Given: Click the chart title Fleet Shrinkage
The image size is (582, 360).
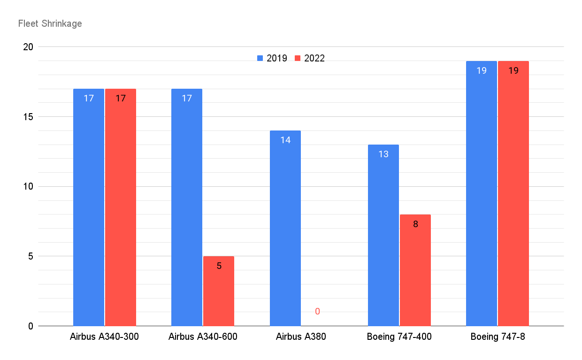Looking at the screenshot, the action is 50,23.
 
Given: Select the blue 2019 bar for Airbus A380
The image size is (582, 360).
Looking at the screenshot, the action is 285,228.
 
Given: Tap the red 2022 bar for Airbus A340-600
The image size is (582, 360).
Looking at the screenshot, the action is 219,291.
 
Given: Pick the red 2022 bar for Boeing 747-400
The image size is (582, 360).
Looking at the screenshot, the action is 415,270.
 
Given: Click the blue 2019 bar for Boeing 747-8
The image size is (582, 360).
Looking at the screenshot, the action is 482,193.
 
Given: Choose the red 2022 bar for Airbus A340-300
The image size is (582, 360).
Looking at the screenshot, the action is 121,207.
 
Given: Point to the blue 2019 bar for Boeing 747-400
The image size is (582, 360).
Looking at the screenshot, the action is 383,235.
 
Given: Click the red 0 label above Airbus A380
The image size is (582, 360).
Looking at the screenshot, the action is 317,311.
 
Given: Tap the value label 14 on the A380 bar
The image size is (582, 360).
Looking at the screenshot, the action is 285,140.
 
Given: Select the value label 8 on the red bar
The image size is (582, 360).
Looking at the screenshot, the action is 415,224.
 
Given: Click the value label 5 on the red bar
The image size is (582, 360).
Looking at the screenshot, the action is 219,266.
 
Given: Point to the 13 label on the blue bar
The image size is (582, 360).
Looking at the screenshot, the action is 383,154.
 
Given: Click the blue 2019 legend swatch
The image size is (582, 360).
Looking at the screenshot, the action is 260,58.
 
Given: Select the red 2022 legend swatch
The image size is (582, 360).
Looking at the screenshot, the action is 298,58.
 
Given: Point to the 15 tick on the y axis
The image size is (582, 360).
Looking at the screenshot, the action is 28,117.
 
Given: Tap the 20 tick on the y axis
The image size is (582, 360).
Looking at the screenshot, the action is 28,47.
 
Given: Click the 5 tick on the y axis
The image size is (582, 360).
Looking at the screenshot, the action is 31,256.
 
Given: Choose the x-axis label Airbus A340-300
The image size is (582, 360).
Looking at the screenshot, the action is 104,337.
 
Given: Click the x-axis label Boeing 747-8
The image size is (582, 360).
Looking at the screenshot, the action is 498,337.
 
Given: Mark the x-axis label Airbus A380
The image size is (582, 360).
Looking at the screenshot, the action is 301,337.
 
